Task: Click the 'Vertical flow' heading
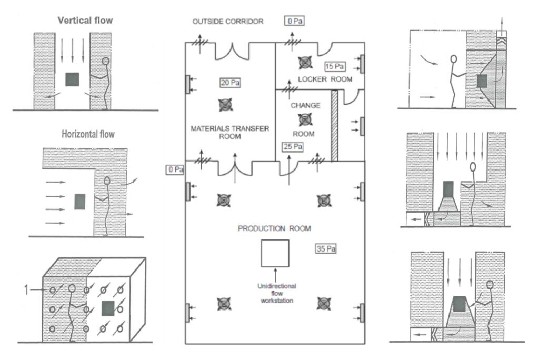pos(85,21)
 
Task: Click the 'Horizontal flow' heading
pos(88,134)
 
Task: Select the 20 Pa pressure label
pos(231,82)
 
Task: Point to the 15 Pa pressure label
pos(335,67)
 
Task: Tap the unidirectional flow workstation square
pos(275,253)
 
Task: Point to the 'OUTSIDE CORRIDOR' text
pos(228,21)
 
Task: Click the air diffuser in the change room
pos(304,119)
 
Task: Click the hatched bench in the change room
pos(334,127)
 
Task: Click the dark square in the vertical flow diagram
pos(72,79)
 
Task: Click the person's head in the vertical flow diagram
pos(106,61)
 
